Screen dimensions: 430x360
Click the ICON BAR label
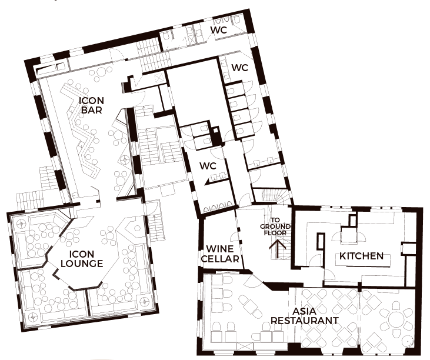(92, 105)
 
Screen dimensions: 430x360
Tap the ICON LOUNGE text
(82, 259)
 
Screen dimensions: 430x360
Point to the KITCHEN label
(361, 256)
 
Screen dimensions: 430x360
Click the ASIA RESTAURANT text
(304, 316)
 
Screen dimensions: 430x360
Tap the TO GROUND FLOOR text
(275, 226)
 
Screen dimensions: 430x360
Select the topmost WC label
(219, 30)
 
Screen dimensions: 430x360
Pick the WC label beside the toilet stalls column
(240, 68)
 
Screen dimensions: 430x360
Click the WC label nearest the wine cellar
(208, 166)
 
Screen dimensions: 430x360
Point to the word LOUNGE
(82, 264)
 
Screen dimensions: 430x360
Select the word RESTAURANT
(304, 321)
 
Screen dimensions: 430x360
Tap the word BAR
(92, 110)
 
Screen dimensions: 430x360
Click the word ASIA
(304, 311)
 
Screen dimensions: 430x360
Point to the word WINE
(220, 249)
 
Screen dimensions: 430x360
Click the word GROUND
(275, 226)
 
